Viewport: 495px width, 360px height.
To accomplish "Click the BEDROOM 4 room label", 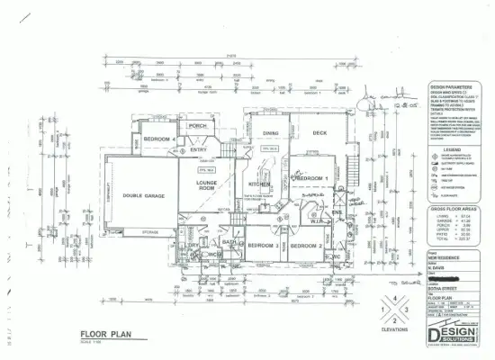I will point(157,139).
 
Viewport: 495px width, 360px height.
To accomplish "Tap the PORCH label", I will point(197,126).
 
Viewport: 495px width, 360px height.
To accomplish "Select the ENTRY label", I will point(199,150).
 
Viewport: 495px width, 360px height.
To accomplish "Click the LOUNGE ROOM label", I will point(206,185).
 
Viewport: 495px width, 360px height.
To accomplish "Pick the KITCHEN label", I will point(260,184).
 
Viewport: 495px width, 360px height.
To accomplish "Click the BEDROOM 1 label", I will point(313,178).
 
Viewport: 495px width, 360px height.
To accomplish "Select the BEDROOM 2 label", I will point(306,245).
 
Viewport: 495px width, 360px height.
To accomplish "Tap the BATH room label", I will point(229,241).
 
